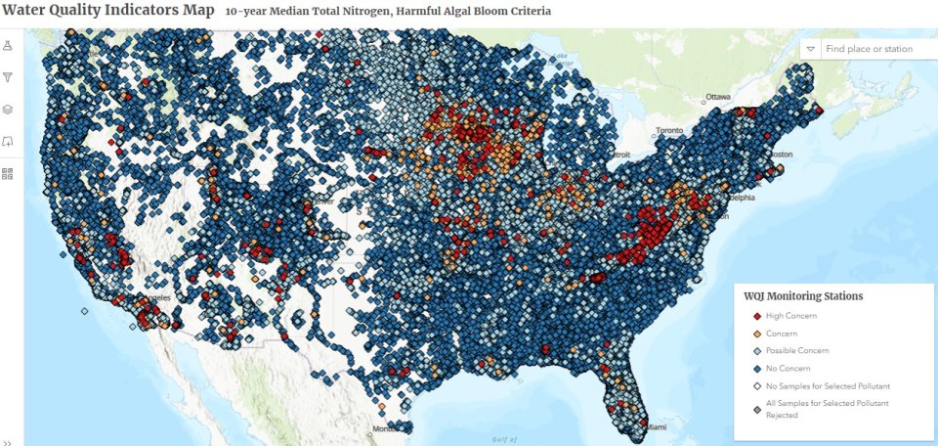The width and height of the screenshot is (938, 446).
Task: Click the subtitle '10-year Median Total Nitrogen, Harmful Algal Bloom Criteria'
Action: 387,12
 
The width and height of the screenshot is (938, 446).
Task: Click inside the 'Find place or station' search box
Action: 874,49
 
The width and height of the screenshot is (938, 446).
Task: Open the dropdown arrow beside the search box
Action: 810,49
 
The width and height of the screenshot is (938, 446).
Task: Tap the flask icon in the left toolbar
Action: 8,46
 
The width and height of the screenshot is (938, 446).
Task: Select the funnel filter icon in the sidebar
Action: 8,77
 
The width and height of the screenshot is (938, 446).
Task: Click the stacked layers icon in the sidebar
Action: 8,110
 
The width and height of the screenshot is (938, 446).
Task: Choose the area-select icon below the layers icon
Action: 8,141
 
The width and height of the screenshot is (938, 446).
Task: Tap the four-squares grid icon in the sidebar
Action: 8,173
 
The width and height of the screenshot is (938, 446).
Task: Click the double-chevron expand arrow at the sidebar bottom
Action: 8,441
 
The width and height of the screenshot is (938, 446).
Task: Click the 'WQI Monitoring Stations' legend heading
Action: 803,295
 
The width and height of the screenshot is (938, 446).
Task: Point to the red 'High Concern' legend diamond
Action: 756,316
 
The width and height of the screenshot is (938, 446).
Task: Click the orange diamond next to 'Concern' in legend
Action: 756,334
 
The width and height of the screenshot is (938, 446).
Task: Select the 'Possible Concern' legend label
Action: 797,351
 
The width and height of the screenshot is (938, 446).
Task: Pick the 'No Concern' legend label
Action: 789,369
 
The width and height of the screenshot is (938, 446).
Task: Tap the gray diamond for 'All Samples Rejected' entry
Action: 756,409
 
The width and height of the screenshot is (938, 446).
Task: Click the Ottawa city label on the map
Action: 718,97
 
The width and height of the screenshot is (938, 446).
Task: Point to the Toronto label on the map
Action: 671,131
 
